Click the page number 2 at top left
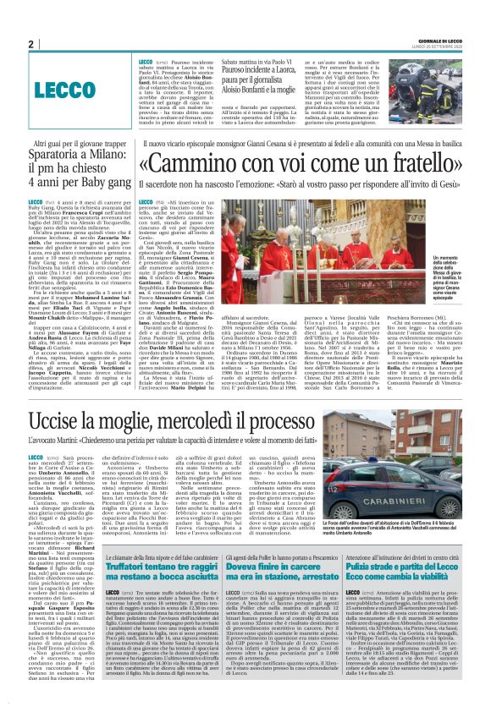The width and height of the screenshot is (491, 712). pos(30,44)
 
